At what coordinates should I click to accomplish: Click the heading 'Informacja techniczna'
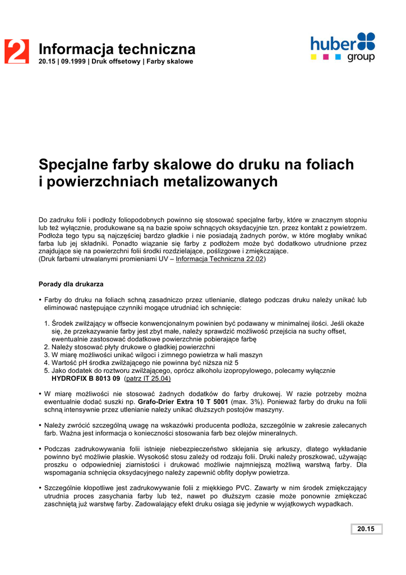[x=117, y=49]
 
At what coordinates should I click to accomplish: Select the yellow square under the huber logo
[x=315, y=57]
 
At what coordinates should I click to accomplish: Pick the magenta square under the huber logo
[x=326, y=57]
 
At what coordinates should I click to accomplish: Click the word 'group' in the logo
[x=361, y=57]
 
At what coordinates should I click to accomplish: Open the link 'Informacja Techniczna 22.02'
[x=220, y=260]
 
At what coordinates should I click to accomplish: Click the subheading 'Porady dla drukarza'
[x=71, y=285]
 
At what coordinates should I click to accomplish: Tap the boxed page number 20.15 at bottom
[x=366, y=529]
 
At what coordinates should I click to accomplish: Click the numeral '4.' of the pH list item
[x=47, y=363]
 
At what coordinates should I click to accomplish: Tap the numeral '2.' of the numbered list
[x=47, y=347]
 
